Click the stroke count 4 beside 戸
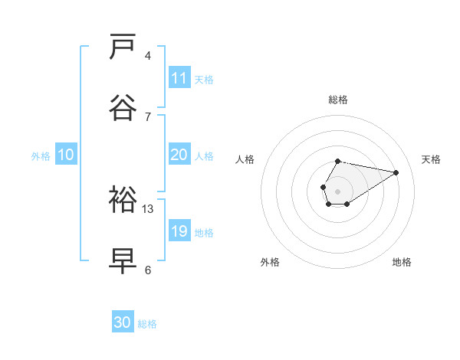148,56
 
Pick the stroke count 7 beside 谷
148,116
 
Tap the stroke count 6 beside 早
148,270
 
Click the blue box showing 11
179,78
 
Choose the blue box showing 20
179,155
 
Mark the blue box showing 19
179,231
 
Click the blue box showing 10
66,155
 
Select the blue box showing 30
123,323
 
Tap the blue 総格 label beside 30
147,324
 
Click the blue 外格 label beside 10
41,155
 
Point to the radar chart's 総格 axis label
338,100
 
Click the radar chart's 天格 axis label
432,159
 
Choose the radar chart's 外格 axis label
270,262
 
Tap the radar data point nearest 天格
396,172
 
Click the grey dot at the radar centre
337,190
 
